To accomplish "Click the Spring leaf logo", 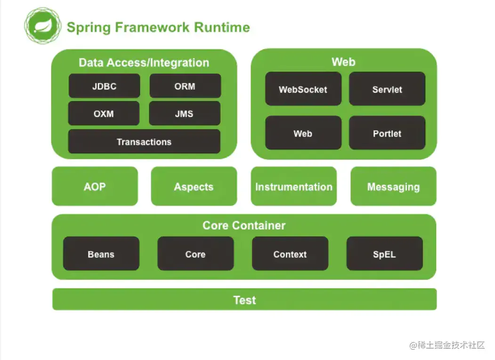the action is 43,26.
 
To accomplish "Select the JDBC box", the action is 104,86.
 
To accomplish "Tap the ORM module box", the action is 185,86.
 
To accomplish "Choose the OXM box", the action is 104,113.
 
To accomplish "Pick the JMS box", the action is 185,113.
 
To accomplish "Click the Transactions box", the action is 144,141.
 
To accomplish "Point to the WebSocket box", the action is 303,88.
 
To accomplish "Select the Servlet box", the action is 387,88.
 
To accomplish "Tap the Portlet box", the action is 387,133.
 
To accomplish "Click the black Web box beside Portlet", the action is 303,133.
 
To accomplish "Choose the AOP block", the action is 95,186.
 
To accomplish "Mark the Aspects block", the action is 194,186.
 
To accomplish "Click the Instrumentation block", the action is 293,186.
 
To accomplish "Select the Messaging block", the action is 393,186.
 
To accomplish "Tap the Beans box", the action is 101,253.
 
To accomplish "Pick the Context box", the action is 290,253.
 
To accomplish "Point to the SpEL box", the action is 384,253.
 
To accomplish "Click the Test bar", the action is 244,299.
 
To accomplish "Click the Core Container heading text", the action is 244,225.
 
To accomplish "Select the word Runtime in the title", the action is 222,27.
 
